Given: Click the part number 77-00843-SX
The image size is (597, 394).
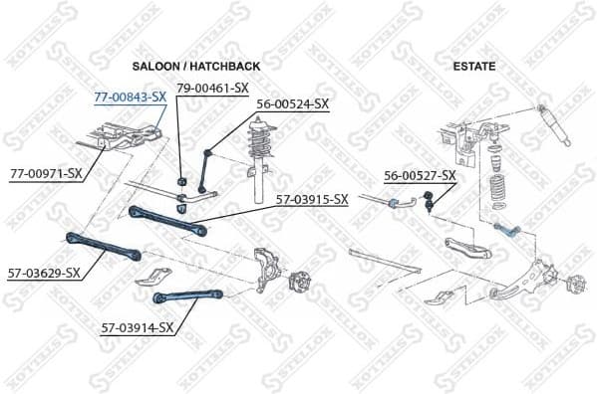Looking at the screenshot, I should pos(130,97).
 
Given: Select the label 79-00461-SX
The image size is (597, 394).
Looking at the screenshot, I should pos(212,88).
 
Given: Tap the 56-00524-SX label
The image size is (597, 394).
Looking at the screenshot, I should pos(292,102).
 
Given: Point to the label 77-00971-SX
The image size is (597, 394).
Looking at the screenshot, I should pos(46,173).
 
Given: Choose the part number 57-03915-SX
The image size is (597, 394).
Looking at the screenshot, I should pos(312,199).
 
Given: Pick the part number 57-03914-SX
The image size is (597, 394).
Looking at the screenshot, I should pos(138,326).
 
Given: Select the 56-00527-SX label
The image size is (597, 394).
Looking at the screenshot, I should pos(420,175).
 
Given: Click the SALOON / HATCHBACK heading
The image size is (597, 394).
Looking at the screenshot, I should pos(196,66).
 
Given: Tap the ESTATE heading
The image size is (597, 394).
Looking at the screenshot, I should pos(474,66).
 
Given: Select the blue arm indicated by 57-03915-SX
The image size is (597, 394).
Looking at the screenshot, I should pos(166,218).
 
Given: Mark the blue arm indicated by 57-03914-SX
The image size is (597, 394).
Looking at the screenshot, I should pos(186,295).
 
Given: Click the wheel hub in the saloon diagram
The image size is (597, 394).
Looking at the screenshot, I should pos(298,281).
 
